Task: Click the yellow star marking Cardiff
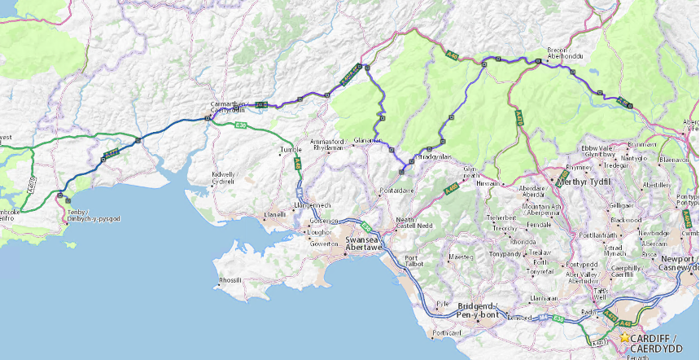click(x=624, y=337)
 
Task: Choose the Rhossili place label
click(x=230, y=280)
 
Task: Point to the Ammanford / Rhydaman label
click(x=328, y=144)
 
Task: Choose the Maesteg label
click(x=460, y=257)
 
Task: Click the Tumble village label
click(x=290, y=151)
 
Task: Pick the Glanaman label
click(x=368, y=140)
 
